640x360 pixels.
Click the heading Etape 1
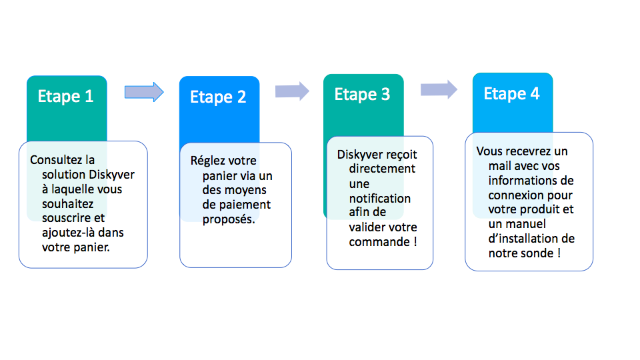click(x=66, y=97)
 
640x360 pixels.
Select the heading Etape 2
click(x=218, y=97)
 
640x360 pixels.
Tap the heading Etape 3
click(x=363, y=95)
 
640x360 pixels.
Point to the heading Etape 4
click(x=512, y=94)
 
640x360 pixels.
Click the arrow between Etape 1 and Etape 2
click(x=144, y=92)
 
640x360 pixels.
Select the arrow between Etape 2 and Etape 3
click(x=292, y=91)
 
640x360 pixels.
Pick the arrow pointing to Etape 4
click(x=439, y=89)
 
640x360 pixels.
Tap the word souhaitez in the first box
click(x=68, y=204)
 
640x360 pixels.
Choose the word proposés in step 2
click(x=229, y=219)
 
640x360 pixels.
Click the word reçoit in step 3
click(x=402, y=155)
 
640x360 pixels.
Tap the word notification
click(x=380, y=199)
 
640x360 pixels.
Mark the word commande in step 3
click(x=379, y=241)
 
